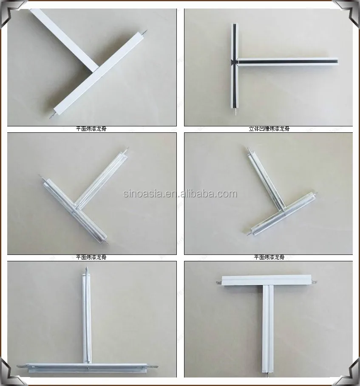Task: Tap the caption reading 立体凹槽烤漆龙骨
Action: (269, 129)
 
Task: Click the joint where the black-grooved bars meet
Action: (233, 62)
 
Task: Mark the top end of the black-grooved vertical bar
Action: (233, 25)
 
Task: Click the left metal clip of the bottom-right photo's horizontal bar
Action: (217, 281)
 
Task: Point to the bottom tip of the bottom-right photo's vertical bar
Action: (269, 375)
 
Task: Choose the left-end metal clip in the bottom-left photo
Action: (20, 367)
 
